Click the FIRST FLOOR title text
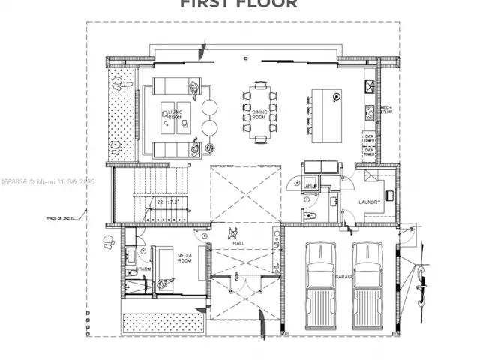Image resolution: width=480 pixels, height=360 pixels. point(238,4)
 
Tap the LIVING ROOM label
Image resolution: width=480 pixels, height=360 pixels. point(175,115)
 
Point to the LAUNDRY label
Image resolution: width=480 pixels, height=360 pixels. point(370,202)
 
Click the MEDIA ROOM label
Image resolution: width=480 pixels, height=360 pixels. point(185,258)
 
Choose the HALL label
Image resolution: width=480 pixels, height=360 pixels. point(238,243)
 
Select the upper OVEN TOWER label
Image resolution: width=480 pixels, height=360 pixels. point(369,138)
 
